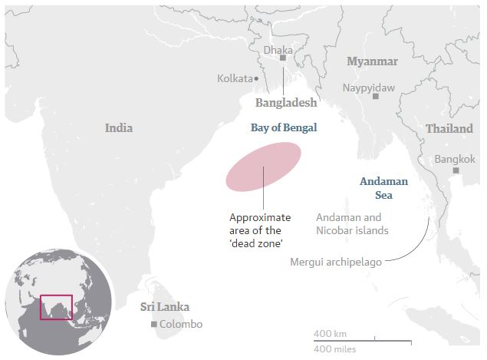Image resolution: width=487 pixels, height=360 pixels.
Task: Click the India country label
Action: tap(119, 128)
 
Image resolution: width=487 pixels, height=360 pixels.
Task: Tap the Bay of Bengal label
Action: tap(284, 128)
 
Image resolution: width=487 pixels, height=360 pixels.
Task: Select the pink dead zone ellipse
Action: tap(263, 166)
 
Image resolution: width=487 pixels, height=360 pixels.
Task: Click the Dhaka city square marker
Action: tap(283, 58)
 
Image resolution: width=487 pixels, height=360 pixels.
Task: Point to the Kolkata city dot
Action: tap(256, 78)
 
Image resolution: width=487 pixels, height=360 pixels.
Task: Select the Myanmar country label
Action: tap(372, 61)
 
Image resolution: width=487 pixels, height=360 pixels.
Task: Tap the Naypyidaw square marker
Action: tap(375, 97)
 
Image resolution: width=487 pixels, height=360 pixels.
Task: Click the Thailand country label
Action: tap(449, 129)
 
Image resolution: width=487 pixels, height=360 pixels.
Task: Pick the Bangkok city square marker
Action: tap(456, 170)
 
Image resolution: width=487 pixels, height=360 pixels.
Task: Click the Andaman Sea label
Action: tap(383, 189)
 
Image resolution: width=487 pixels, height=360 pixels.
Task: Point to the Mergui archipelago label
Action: tap(335, 262)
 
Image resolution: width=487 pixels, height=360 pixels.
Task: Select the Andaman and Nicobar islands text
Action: tap(352, 223)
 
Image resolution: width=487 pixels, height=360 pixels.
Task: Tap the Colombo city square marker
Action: tap(154, 325)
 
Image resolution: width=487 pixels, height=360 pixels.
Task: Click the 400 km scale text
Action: tap(330, 333)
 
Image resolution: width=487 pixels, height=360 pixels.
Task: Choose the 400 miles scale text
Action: tap(334, 349)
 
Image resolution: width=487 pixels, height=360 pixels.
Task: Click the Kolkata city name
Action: tap(235, 78)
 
